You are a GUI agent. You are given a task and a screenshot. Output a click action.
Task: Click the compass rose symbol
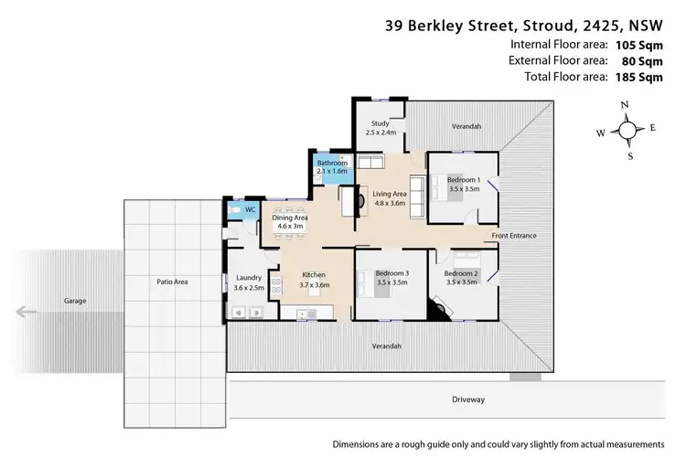[x=627, y=131]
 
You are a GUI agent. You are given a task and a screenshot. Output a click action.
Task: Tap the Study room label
[x=381, y=123]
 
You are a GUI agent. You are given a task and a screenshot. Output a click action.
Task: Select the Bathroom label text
[x=332, y=163]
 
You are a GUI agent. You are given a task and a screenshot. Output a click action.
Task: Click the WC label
[x=250, y=209]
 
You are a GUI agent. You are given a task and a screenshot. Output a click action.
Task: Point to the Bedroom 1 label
[x=464, y=180]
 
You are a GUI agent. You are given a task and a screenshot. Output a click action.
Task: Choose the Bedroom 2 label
[x=461, y=273]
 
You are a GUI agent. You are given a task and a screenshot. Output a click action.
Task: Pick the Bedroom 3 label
[x=391, y=273]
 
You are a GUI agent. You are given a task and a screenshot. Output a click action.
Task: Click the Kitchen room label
[x=314, y=275]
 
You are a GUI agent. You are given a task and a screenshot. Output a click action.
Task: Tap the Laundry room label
[x=250, y=277]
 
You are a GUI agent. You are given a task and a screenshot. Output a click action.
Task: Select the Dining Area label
[x=289, y=218]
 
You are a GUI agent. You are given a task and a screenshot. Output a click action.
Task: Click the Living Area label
[x=391, y=193]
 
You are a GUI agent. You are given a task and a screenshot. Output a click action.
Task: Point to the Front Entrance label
[x=514, y=236]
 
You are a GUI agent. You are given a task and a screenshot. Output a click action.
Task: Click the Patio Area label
[x=172, y=282]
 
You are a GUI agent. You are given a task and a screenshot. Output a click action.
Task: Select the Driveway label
[x=467, y=399]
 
